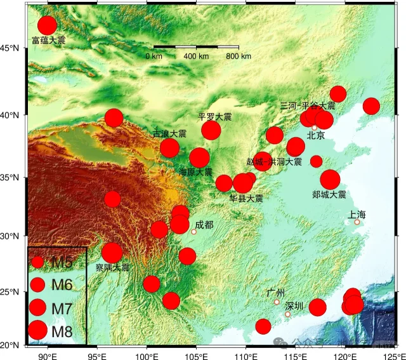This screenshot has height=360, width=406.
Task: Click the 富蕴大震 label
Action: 48,40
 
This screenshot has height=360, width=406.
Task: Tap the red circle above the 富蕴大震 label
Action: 48,25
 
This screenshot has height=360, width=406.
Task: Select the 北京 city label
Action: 315,135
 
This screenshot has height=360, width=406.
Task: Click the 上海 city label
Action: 357,214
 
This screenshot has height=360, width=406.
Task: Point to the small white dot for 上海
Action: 357,222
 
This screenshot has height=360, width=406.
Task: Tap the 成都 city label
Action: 205,224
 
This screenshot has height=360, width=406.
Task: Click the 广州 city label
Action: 276,292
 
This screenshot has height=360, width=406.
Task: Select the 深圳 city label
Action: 294,305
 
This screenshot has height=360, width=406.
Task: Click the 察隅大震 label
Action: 112,268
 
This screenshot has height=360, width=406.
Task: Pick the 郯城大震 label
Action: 329,194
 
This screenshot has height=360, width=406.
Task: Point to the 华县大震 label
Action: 246,198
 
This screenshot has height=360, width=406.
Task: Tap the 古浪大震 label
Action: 169,134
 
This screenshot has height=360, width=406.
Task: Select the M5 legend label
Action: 62,262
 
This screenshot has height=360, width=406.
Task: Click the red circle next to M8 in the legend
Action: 37,330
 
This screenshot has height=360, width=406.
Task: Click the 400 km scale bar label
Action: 196,57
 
